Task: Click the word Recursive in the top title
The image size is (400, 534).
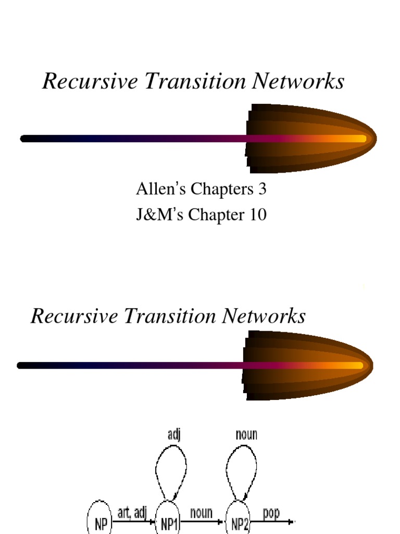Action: pyautogui.click(x=90, y=81)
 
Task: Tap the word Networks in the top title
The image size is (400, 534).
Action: pyautogui.click(x=298, y=81)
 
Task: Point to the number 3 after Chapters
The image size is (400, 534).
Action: pyautogui.click(x=262, y=189)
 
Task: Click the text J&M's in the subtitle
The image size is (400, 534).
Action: pyautogui.click(x=159, y=214)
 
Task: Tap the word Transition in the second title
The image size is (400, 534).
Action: pyautogui.click(x=170, y=315)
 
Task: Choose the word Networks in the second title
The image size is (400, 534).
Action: pyautogui.click(x=264, y=315)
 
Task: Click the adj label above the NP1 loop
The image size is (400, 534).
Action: pyautogui.click(x=174, y=435)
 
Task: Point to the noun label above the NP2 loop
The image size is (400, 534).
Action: pyautogui.click(x=246, y=435)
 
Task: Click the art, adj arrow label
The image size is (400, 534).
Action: pyautogui.click(x=132, y=513)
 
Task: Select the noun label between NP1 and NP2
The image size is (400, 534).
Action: pyautogui.click(x=202, y=513)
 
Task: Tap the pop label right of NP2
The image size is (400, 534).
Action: pyautogui.click(x=271, y=514)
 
